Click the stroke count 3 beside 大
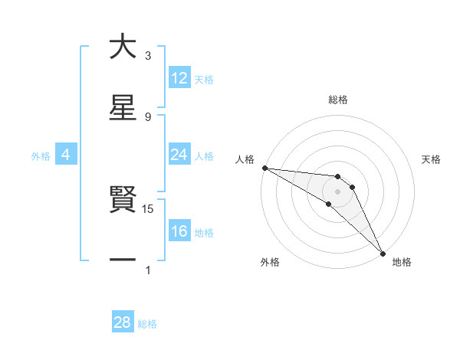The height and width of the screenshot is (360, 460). click(x=148, y=55)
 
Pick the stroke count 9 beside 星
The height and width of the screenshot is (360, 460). click(x=148, y=116)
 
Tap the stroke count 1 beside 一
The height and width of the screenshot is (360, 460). click(x=148, y=270)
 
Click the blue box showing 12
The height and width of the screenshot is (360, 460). click(x=179, y=77)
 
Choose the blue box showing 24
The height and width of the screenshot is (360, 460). click(x=179, y=155)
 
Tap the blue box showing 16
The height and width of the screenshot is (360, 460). click(x=179, y=231)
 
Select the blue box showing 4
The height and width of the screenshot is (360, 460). click(x=66, y=155)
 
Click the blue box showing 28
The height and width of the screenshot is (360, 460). click(x=123, y=322)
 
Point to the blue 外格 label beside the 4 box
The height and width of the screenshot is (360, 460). click(x=41, y=155)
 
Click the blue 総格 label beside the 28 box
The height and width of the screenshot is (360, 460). click(x=147, y=324)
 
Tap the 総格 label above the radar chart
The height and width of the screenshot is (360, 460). click(x=338, y=100)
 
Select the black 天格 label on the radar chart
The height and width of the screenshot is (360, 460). click(x=432, y=159)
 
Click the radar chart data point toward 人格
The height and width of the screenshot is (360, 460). click(x=264, y=168)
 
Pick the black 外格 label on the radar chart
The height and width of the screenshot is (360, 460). click(x=269, y=262)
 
